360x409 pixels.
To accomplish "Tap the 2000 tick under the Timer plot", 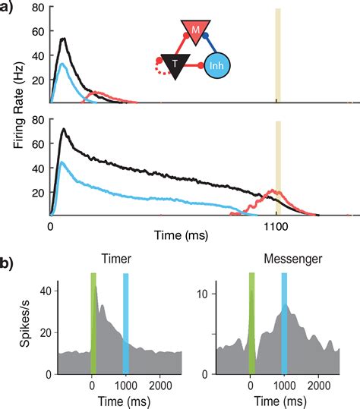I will pos(160,384).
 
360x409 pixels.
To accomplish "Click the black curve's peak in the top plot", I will pos(64,39).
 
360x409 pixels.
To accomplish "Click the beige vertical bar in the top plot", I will pos(278,53).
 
